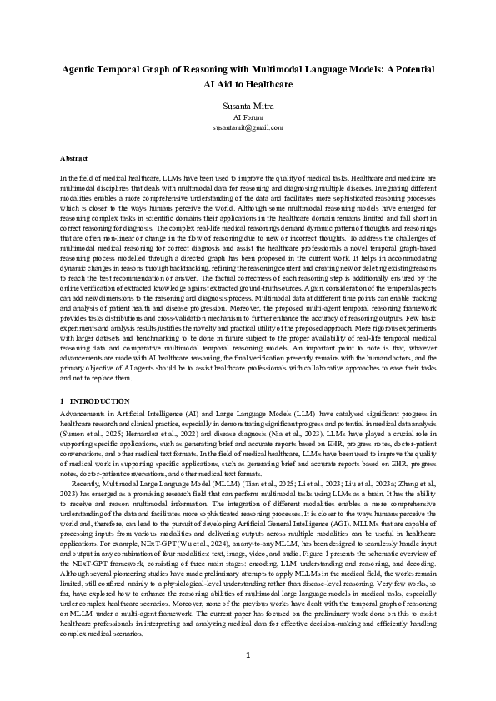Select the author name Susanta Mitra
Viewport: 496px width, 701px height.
(248, 107)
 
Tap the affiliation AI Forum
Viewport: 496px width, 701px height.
(248, 117)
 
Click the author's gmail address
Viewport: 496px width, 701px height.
(248, 127)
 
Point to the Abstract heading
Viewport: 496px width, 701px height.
(74, 157)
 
